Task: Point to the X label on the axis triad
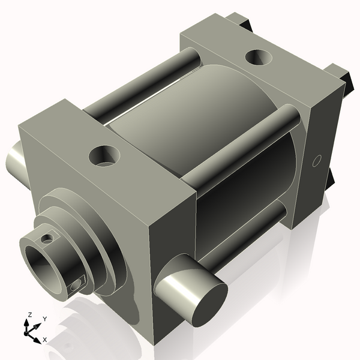pos(45,340)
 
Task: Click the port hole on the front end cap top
pos(104,156)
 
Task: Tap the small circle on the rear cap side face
pos(318,160)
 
